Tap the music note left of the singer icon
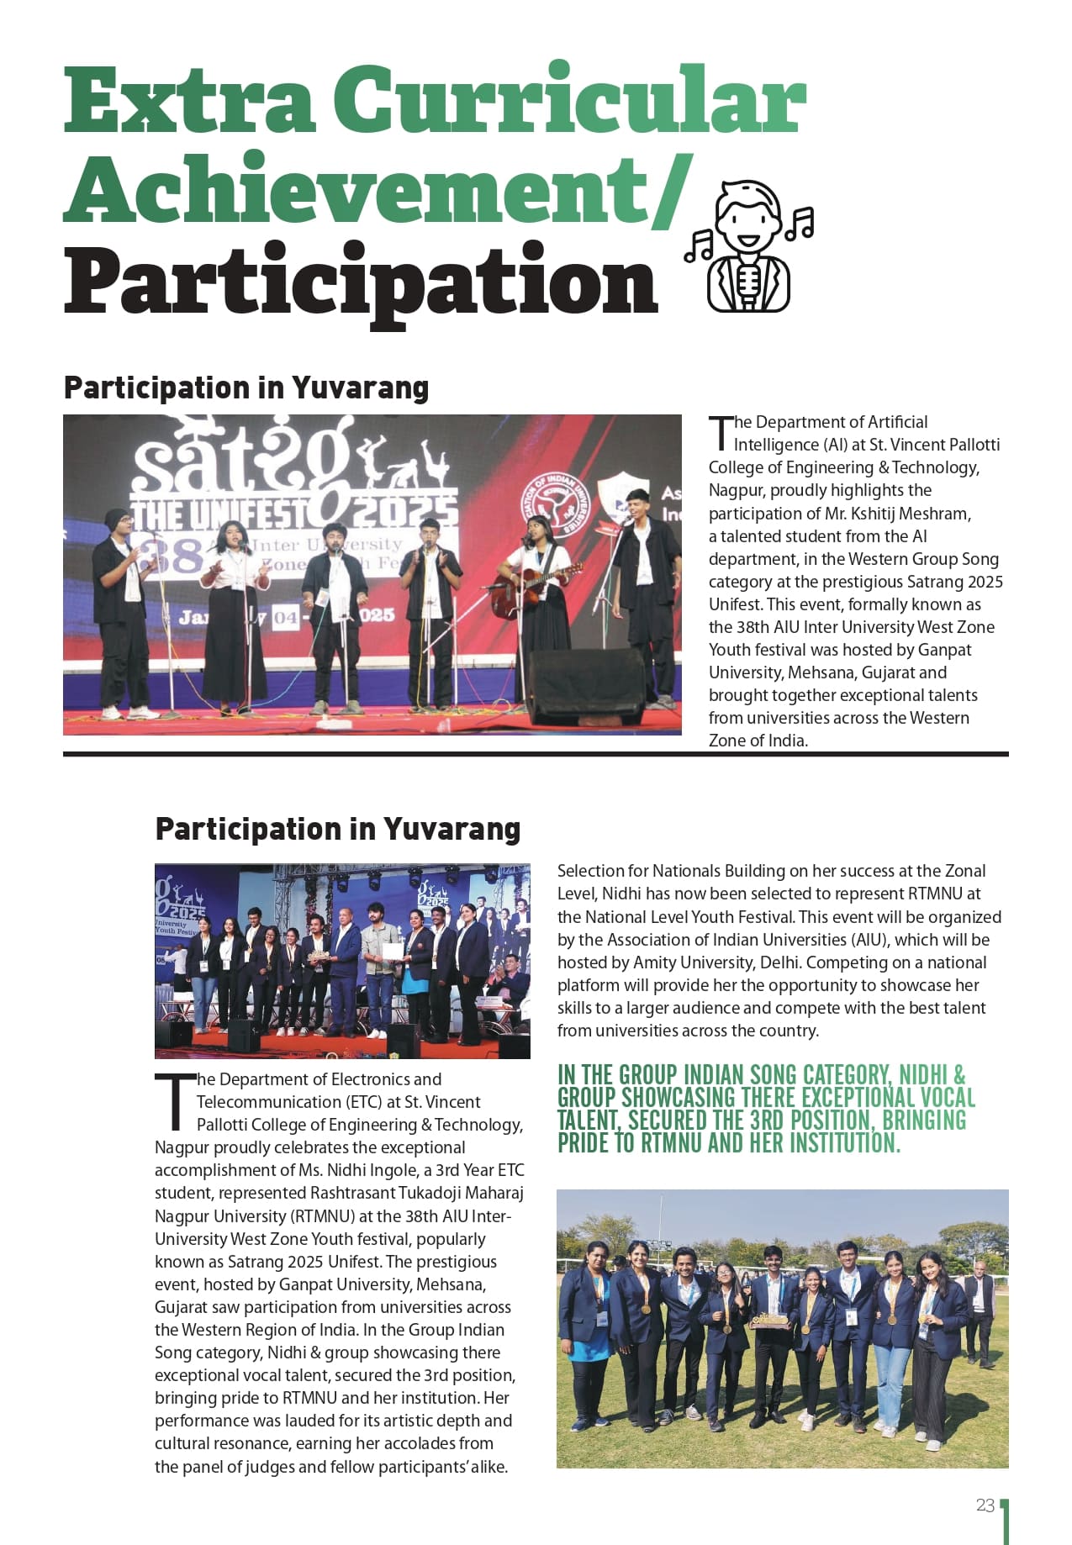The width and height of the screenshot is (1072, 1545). point(699,246)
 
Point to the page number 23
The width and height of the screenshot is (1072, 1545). point(985,1505)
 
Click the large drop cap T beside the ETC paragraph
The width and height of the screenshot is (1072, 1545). point(173,1101)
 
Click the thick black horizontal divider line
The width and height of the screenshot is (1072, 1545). point(536,754)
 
